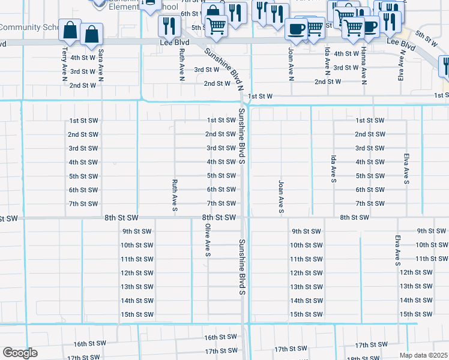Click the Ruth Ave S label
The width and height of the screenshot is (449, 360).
[175, 196]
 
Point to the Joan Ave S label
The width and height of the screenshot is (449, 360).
[280, 196]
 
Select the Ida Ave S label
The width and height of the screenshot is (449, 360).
[332, 169]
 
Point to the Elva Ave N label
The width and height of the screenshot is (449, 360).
[400, 65]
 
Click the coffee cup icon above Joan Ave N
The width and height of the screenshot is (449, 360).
[296, 29]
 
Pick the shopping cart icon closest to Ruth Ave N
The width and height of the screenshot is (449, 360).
[215, 26]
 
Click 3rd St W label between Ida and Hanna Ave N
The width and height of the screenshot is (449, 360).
[346, 68]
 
